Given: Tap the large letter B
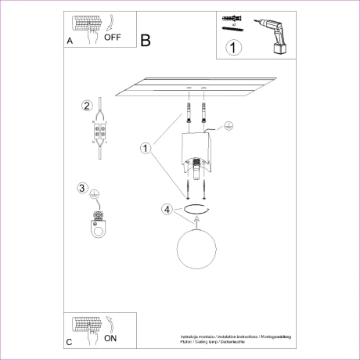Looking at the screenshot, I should point(145,39).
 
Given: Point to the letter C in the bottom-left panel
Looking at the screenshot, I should point(70,343).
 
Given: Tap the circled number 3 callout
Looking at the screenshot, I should point(83,188).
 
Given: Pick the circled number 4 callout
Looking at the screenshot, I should point(166,209).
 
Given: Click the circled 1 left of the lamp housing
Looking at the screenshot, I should point(145,147).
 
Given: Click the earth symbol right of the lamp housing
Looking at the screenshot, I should point(229,124).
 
